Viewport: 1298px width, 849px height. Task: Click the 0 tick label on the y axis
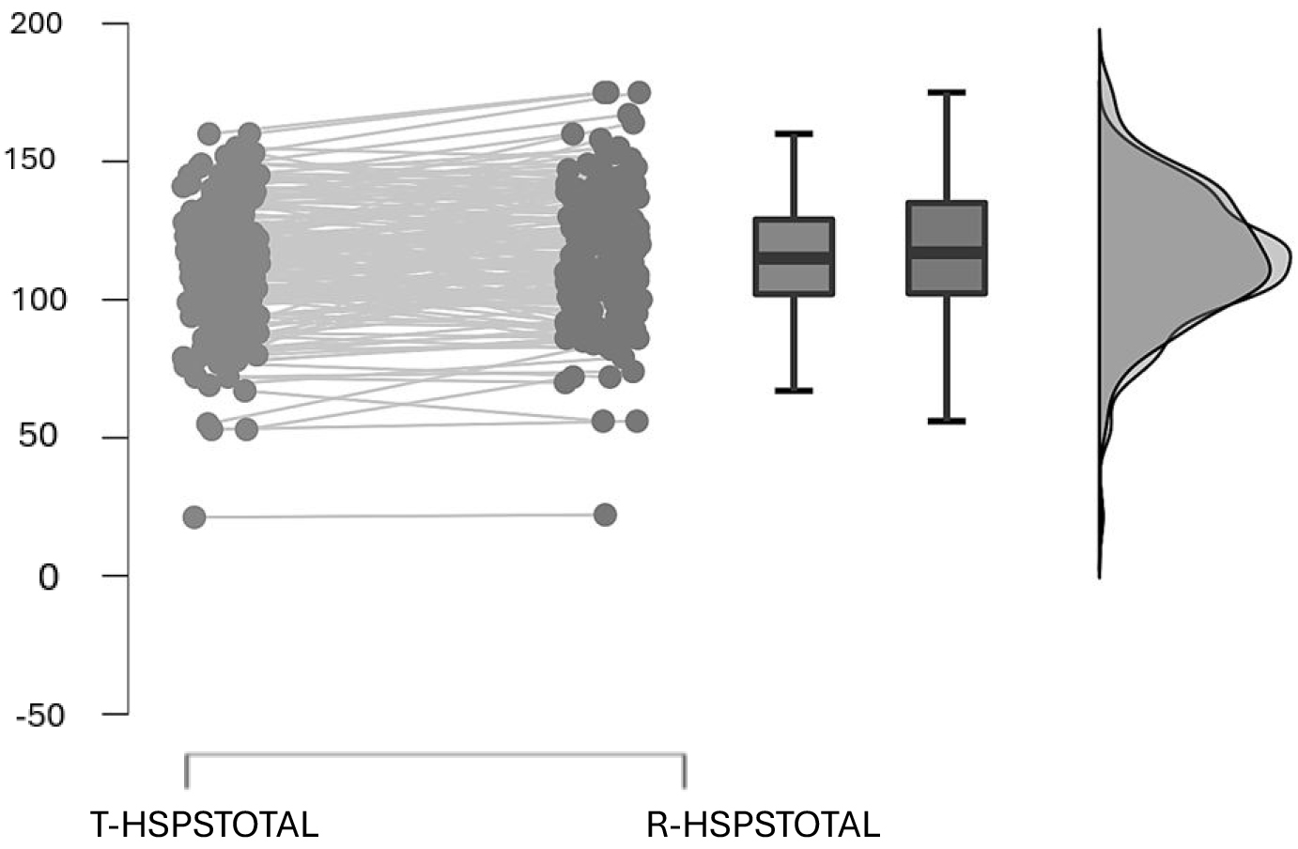tap(49, 577)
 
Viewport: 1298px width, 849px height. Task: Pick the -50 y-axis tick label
tap(39, 716)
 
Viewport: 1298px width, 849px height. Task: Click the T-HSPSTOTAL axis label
tap(205, 825)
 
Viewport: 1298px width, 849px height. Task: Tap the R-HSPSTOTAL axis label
tap(763, 825)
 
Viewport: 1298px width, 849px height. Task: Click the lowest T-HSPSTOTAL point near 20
tap(194, 517)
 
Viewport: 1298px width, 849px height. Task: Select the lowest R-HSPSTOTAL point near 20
tap(605, 515)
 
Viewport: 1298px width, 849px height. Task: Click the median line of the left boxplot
tap(795, 257)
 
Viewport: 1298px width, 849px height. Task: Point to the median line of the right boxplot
tap(946, 253)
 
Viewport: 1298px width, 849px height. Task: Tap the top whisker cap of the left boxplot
tap(795, 133)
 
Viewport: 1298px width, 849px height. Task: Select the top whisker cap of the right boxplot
tap(946, 92)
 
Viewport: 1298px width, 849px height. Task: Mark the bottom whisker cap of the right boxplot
tap(946, 421)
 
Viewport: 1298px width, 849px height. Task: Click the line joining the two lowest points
tap(399, 516)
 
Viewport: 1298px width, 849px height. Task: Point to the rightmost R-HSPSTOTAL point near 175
tap(640, 92)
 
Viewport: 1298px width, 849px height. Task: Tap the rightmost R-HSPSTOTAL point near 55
tap(637, 421)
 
